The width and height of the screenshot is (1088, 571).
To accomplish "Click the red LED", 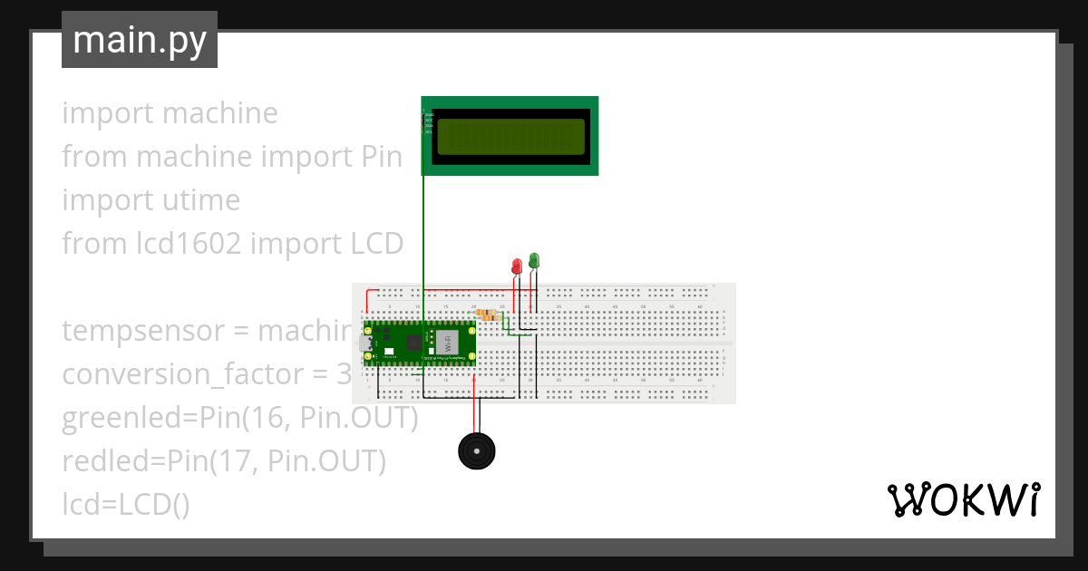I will pos(516,266).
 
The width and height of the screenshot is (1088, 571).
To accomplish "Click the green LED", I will pos(534,260).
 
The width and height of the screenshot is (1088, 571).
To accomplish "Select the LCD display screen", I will pos(510,137).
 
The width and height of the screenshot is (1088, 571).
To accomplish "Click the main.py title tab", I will pos(140,41).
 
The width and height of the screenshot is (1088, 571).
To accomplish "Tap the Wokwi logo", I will pos(962,499).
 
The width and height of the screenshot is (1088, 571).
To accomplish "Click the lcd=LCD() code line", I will pos(126,505).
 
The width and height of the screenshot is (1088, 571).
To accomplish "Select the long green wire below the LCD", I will pos(423,236).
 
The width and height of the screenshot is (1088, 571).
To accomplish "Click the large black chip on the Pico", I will pos(414,343).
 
